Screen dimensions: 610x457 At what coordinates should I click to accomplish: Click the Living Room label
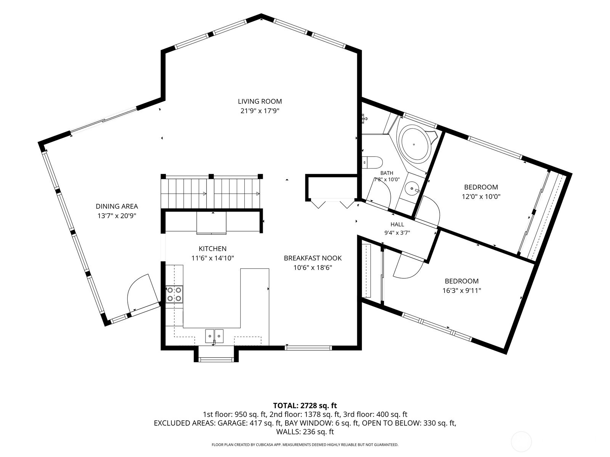coord(260,101)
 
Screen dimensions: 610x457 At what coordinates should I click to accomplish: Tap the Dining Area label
coord(117,206)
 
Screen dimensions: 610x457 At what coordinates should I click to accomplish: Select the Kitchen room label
coord(213,249)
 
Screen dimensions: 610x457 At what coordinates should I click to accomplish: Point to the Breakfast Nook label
coord(313,258)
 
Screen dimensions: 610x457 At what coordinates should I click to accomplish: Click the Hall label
coord(397,224)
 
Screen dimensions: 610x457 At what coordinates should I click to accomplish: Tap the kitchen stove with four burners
coord(174,294)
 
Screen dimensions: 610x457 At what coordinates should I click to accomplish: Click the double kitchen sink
coord(214,336)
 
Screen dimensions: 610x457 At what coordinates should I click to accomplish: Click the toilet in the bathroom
coord(372,162)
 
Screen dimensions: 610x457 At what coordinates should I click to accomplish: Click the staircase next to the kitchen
coord(212,193)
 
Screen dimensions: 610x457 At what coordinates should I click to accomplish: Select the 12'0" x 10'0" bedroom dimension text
coord(481,197)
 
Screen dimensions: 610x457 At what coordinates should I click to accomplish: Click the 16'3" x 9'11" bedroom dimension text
coord(462,291)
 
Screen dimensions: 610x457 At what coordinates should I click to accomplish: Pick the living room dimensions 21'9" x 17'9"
coord(260,111)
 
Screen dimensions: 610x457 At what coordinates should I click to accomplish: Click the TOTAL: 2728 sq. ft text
coord(305,406)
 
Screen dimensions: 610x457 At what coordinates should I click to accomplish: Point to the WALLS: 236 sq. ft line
coord(305,432)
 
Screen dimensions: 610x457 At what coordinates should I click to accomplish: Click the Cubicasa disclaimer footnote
coord(305,445)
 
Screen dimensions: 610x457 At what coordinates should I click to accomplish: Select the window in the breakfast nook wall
coord(308,347)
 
